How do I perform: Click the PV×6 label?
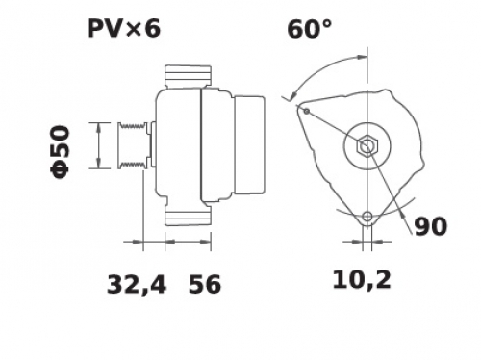123,29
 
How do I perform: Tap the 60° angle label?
309,29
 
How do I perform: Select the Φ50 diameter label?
60,152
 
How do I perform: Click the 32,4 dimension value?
137,284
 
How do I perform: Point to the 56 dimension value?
205,284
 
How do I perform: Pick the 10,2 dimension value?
362,279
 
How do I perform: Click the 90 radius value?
430,226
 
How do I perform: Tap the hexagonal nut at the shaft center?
367,146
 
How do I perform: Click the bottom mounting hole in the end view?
367,217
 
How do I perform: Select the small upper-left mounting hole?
307,111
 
